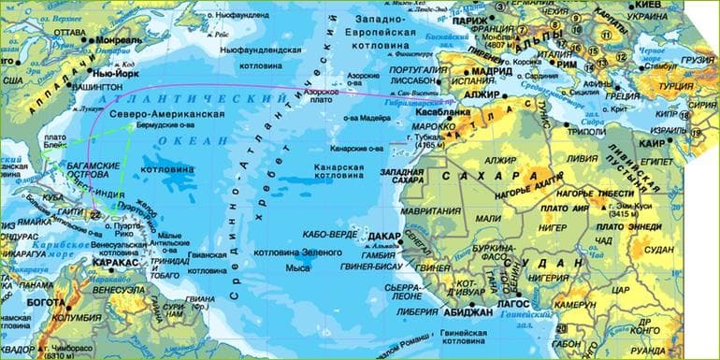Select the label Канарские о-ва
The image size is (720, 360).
tap(356, 148)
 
